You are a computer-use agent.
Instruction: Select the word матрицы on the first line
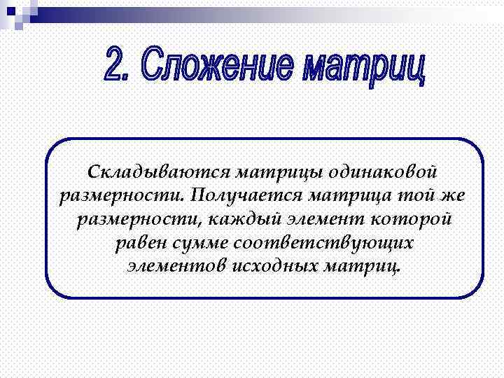[x=272, y=171]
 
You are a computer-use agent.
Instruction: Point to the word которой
[x=416, y=219]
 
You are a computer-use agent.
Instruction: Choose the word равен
[x=140, y=243]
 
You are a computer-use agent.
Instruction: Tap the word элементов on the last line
[x=172, y=267]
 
